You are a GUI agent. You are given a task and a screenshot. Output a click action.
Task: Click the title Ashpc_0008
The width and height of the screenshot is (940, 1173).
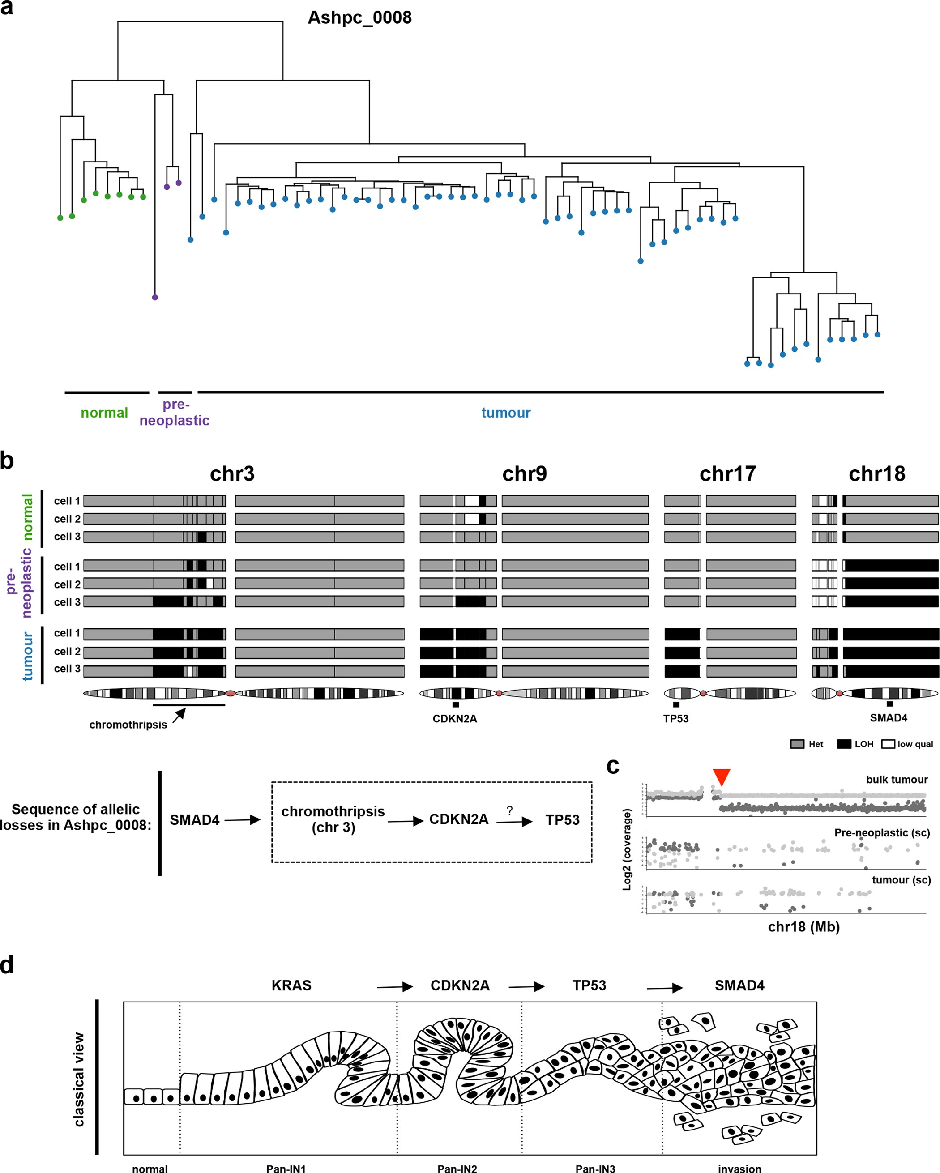click(360, 17)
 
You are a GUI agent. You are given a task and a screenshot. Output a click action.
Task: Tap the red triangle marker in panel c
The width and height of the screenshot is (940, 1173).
click(721, 777)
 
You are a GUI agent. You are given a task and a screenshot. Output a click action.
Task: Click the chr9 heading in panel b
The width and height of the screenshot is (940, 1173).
click(524, 474)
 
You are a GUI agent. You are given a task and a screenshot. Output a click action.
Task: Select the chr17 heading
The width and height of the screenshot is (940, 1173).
click(728, 474)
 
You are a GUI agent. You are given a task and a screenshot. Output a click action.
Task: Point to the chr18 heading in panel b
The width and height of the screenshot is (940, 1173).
click(877, 474)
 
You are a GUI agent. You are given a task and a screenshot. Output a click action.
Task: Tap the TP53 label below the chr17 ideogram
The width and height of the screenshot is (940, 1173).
click(675, 719)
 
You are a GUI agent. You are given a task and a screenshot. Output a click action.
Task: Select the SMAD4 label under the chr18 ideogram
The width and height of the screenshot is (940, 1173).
click(888, 718)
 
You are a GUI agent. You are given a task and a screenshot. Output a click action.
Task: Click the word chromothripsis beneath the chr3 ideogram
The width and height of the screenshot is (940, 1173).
click(128, 725)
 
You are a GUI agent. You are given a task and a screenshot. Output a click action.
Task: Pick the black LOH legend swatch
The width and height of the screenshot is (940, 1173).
click(844, 744)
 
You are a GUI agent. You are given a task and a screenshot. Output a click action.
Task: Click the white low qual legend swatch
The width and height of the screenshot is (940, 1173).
click(888, 744)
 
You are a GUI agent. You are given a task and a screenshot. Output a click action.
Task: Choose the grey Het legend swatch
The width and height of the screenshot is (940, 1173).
click(797, 744)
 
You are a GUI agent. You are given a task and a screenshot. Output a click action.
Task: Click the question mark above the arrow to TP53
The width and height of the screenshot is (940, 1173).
click(509, 810)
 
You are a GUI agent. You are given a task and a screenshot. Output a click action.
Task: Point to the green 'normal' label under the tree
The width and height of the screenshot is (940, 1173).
click(104, 413)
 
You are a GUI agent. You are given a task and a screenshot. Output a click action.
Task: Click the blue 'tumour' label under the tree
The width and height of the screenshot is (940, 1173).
click(506, 413)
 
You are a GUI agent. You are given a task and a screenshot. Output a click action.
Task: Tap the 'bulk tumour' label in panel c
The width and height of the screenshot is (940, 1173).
click(897, 780)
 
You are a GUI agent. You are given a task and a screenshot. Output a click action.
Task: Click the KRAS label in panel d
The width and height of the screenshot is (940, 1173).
click(291, 985)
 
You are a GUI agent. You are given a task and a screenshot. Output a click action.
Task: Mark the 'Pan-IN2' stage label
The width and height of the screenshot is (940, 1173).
click(457, 1168)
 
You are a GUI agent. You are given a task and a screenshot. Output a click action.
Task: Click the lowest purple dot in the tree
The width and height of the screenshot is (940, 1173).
click(155, 298)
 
